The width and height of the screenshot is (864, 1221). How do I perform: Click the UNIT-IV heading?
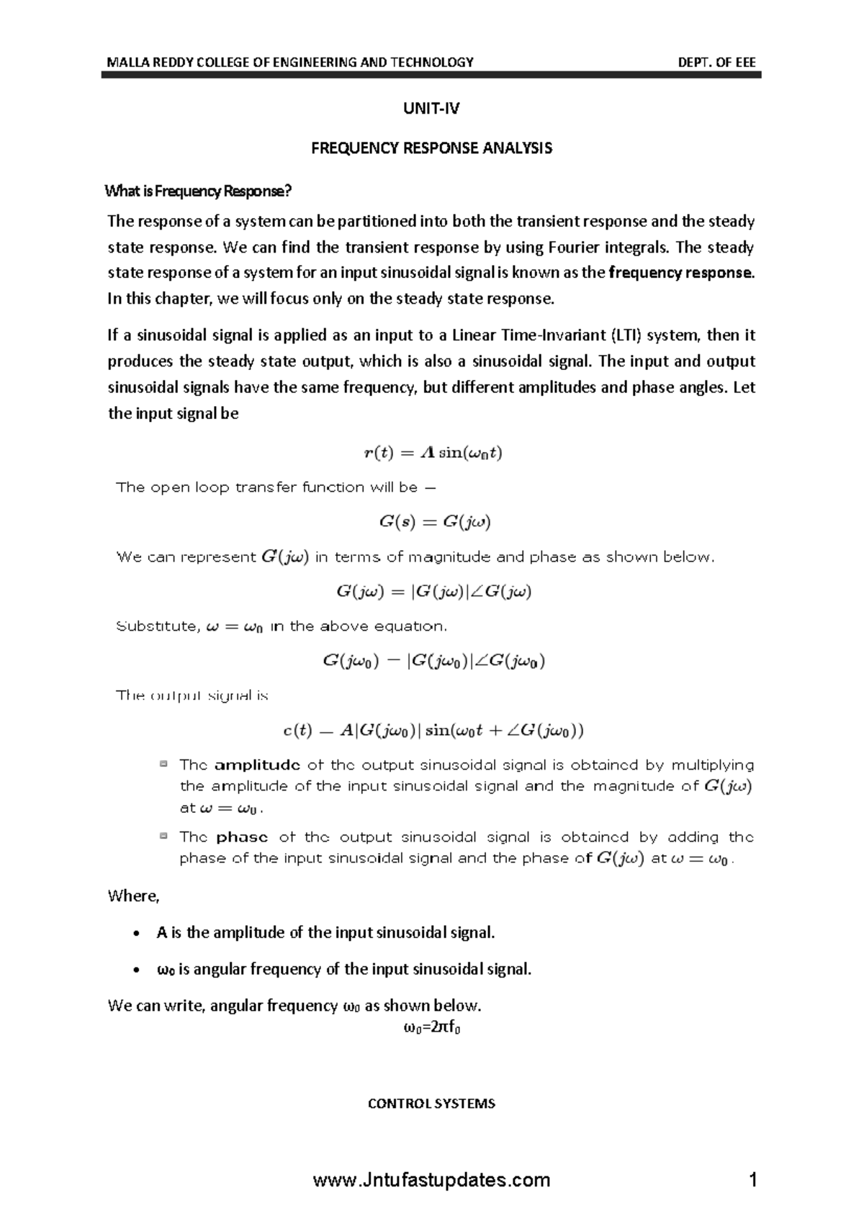pyautogui.click(x=431, y=109)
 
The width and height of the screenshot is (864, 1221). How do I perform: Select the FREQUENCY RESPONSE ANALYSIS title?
pyautogui.click(x=431, y=148)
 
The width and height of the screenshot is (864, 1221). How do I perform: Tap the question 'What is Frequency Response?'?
pyautogui.click(x=198, y=192)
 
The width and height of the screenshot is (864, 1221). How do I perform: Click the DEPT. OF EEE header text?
pyautogui.click(x=716, y=62)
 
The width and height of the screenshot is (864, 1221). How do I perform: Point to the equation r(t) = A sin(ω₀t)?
pyautogui.click(x=432, y=453)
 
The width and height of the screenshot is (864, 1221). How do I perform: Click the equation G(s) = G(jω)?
pyautogui.click(x=435, y=523)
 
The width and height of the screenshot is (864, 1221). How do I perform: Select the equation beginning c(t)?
pyautogui.click(x=432, y=731)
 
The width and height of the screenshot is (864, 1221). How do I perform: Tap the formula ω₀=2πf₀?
pyautogui.click(x=431, y=1028)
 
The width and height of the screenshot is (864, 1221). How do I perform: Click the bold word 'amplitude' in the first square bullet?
pyautogui.click(x=257, y=765)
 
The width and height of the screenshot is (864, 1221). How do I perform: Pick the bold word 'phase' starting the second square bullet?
pyautogui.click(x=242, y=837)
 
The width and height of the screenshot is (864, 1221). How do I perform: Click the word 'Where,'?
pyautogui.click(x=133, y=896)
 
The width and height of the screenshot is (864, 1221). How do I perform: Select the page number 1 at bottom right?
pyautogui.click(x=753, y=1181)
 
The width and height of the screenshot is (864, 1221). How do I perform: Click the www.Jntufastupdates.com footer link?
pyautogui.click(x=432, y=1181)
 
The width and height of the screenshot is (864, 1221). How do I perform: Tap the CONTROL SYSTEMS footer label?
pyautogui.click(x=431, y=1104)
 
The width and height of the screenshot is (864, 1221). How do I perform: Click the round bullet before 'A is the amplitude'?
pyautogui.click(x=137, y=934)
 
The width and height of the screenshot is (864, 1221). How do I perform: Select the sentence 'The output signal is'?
pyautogui.click(x=192, y=696)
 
